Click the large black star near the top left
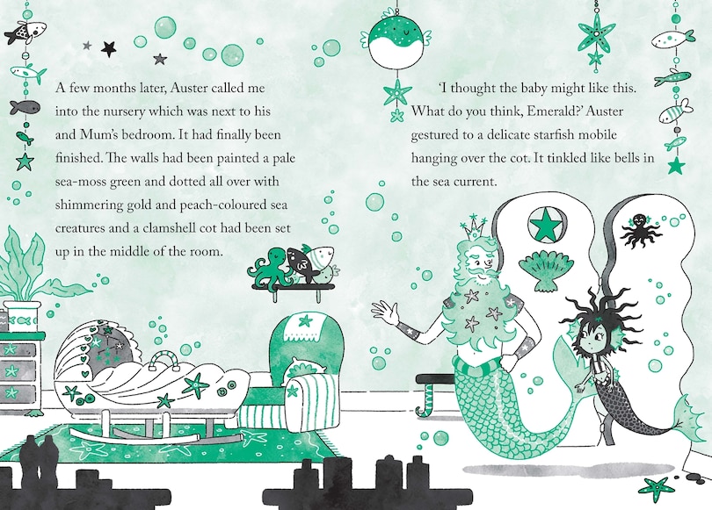coord(108,48)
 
